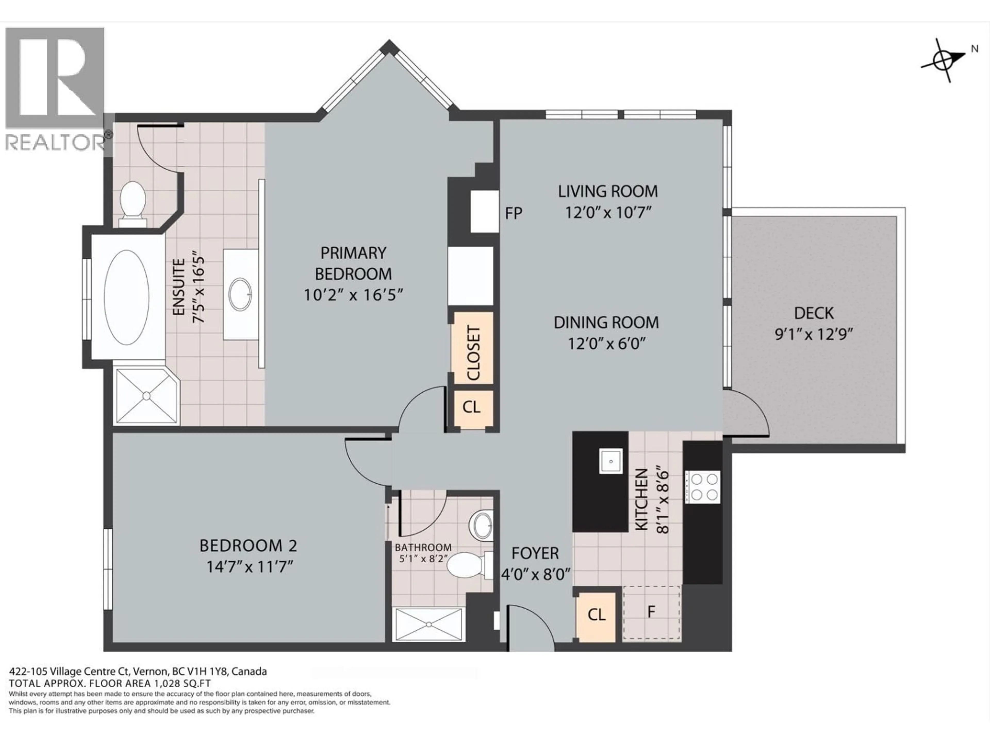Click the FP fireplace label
point(513,213)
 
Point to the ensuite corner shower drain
point(146,396)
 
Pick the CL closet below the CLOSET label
point(471,407)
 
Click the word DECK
point(814,313)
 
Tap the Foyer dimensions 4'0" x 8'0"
point(535,574)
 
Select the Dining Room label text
point(606,323)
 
